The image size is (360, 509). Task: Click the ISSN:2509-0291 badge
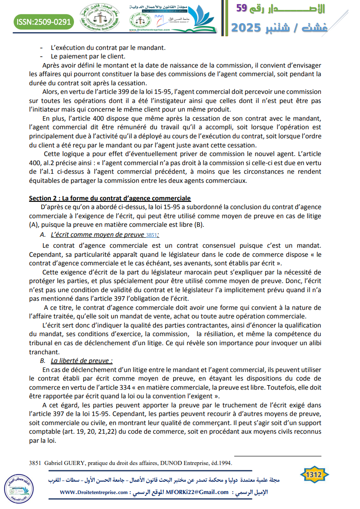pos(44,21)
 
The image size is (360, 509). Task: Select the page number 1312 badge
pos(314,474)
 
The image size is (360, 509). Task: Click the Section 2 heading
pos(110,198)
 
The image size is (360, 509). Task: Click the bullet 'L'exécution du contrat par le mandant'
pos(108,48)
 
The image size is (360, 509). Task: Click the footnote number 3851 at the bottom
pos(35,463)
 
